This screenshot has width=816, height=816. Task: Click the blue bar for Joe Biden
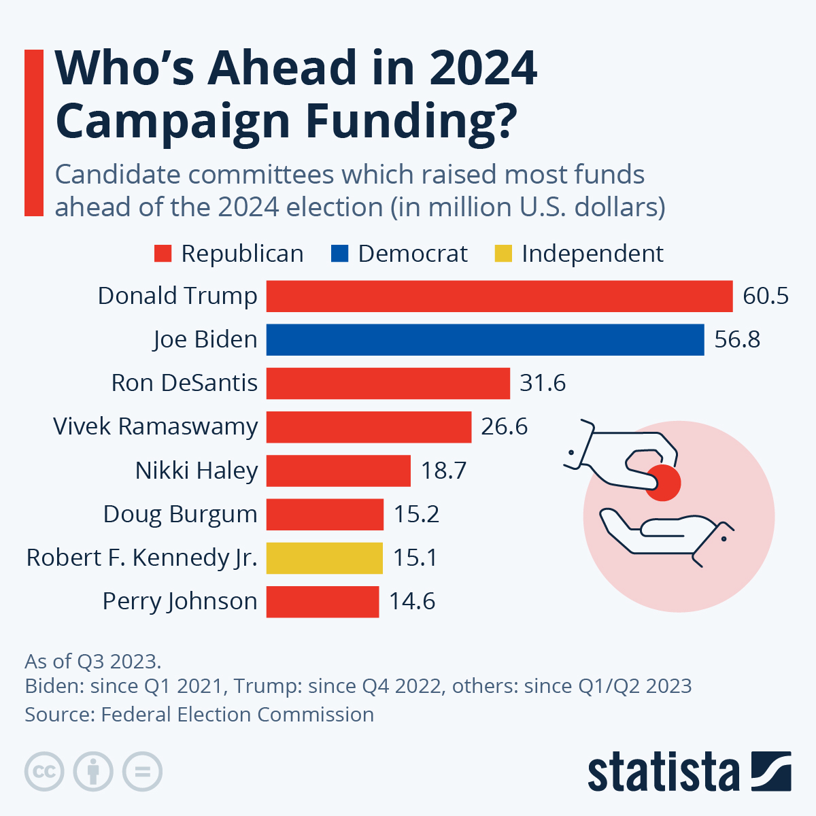tap(485, 339)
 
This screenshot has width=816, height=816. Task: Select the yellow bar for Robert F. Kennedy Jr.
tap(324, 558)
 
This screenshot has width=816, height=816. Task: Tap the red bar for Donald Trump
tap(499, 296)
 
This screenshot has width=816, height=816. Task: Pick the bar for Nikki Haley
tap(338, 471)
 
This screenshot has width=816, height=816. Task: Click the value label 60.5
tap(765, 296)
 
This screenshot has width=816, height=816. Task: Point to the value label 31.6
tap(542, 383)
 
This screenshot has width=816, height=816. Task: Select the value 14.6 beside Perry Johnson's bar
tap(411, 601)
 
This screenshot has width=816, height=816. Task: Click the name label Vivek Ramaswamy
tap(156, 426)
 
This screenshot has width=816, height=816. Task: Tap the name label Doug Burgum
tap(180, 514)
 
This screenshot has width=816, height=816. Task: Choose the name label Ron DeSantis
tap(184, 383)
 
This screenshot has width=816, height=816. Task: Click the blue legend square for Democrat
tap(339, 254)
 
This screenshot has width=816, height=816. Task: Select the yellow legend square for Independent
tap(503, 254)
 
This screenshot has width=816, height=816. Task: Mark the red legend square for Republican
tap(163, 254)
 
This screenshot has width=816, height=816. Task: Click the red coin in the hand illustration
tap(663, 483)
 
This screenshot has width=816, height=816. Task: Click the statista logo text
tap(663, 772)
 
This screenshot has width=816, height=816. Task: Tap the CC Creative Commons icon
tap(44, 772)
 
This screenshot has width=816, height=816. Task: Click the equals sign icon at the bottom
tap(142, 772)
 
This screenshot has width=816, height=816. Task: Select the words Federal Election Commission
tap(237, 715)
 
